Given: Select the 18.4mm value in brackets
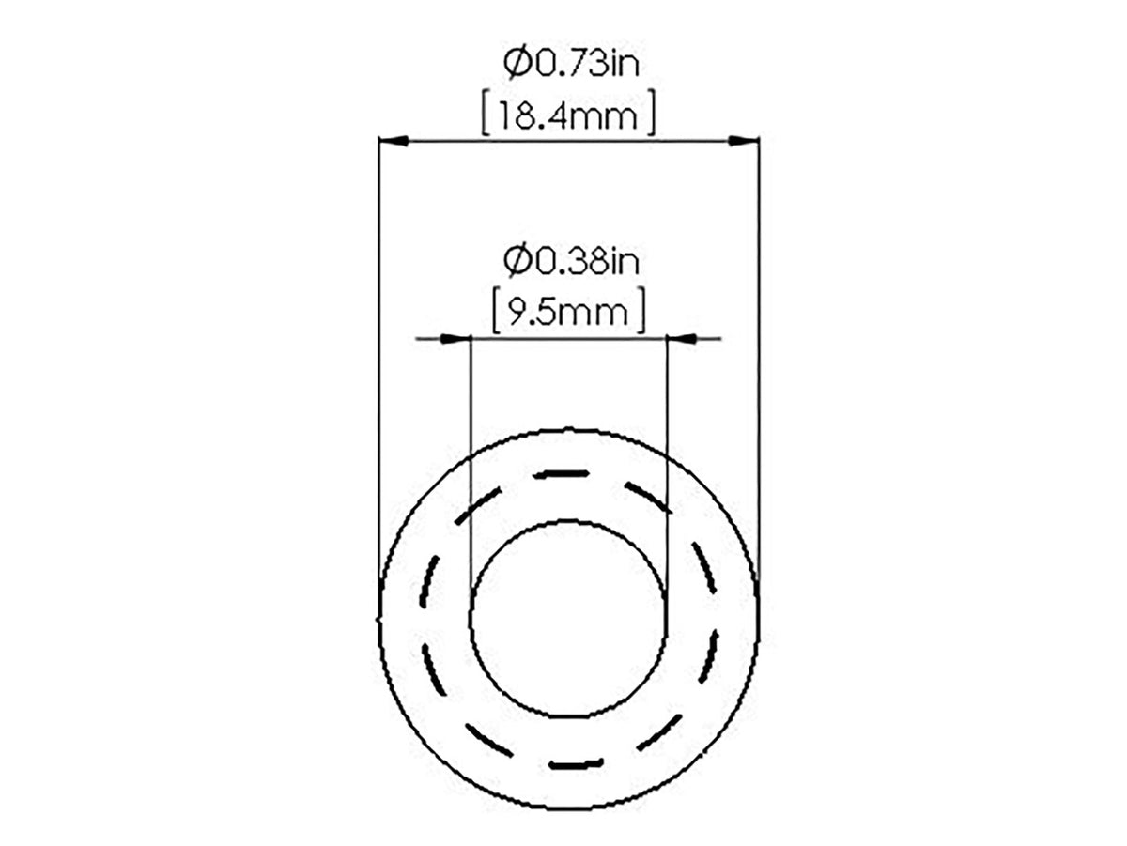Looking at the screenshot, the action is tap(568, 116).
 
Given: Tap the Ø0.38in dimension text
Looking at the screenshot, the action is tap(571, 262).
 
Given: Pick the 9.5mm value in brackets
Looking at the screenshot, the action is tap(568, 313).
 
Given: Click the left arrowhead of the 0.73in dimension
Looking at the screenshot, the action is tap(394, 141).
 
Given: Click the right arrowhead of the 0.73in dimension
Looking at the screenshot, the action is tap(744, 141).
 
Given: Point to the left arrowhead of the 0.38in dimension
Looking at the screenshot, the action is tap(455, 338).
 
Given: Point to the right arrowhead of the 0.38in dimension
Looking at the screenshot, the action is tap(681, 338).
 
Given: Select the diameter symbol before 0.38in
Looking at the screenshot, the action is tap(517, 262).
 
